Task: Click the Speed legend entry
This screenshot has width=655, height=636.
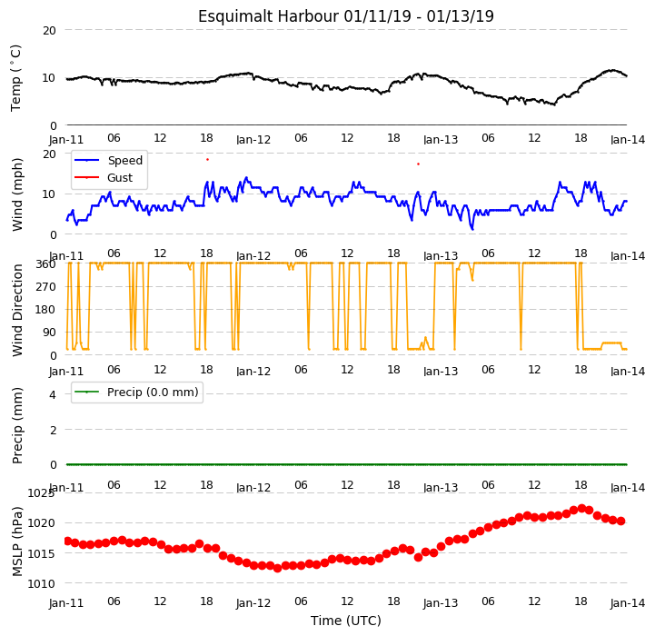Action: pos(109,161)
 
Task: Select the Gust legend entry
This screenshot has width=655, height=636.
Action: pos(104,177)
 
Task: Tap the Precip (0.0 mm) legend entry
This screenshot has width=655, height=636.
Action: pos(136,392)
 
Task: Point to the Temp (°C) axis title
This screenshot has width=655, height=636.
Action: pos(15,78)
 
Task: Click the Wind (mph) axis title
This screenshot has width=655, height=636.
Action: pos(17,194)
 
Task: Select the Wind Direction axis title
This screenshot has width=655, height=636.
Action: pos(17,310)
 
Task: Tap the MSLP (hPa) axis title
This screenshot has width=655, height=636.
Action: pos(17,542)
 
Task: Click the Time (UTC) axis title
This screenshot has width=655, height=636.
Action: pos(346,621)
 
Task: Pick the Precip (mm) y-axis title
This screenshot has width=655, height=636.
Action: pos(17,425)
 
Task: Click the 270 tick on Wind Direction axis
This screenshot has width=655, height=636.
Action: pos(46,287)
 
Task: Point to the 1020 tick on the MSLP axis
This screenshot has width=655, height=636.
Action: pos(42,523)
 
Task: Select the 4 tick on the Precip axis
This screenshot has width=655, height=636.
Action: pos(53,394)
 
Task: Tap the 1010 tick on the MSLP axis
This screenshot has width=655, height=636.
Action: pos(42,584)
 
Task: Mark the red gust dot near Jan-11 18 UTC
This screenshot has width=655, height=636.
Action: pos(208,160)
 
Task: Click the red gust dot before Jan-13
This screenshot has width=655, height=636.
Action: pos(418,164)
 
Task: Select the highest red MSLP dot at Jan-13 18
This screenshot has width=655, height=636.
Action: pos(581,508)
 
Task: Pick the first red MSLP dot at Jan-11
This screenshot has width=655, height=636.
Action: pos(67,541)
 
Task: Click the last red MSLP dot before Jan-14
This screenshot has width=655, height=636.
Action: pos(620,522)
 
